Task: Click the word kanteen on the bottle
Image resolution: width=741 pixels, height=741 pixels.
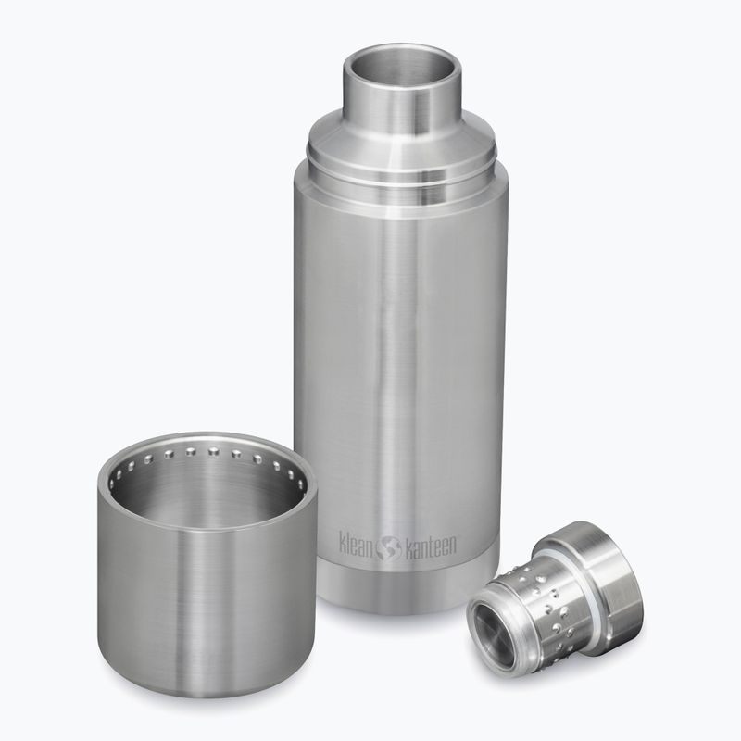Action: [430, 547]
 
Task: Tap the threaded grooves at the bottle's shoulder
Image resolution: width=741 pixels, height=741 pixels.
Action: [401, 172]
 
